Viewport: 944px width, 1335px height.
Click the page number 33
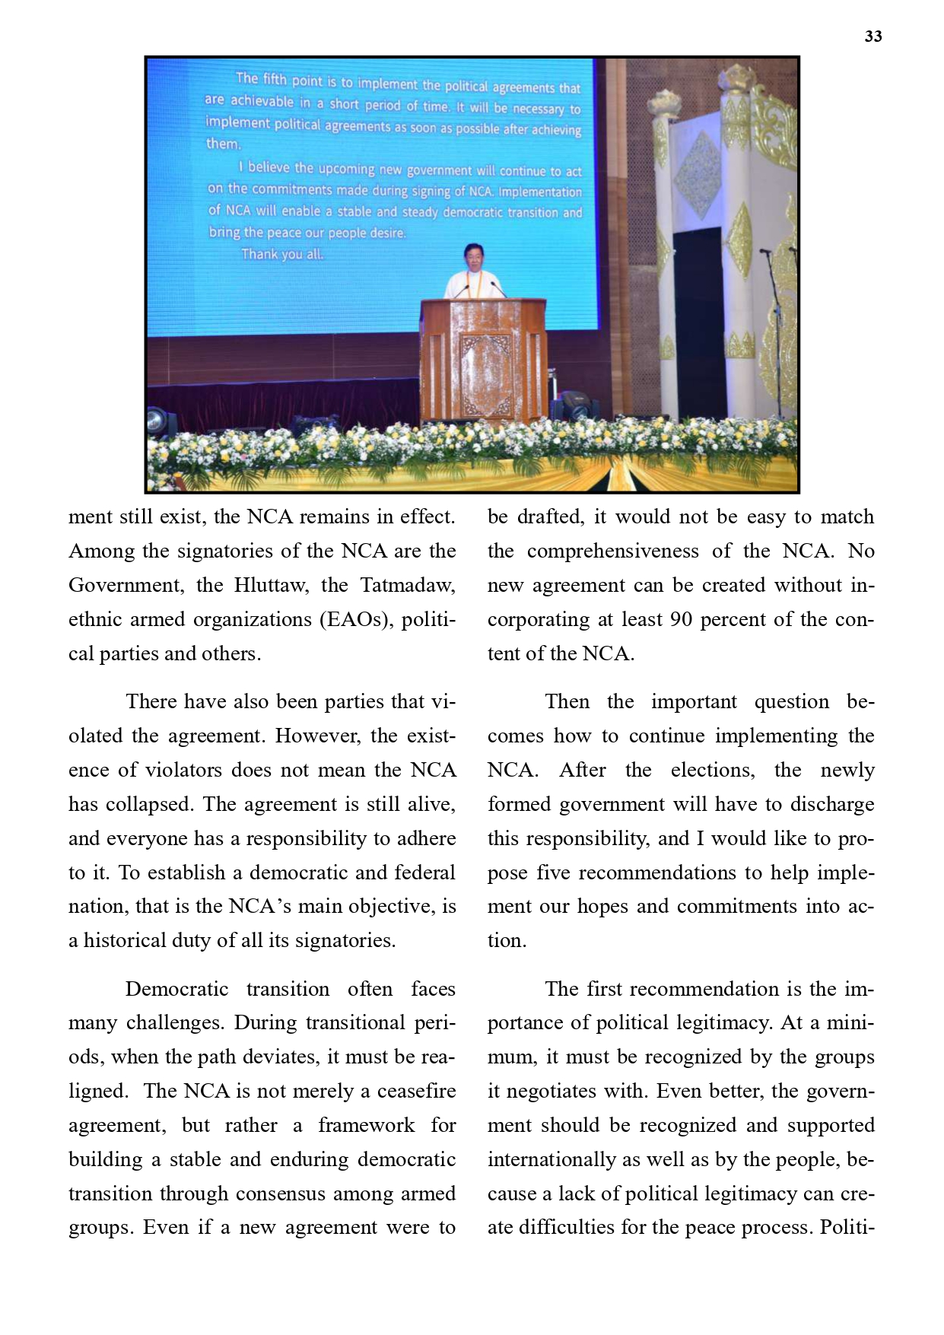click(x=872, y=37)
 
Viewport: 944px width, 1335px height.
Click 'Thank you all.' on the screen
click(x=282, y=254)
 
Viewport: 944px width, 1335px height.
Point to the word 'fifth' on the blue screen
click(x=275, y=78)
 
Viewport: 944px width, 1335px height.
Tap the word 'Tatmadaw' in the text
click(x=407, y=585)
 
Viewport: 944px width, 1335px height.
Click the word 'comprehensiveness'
click(x=612, y=551)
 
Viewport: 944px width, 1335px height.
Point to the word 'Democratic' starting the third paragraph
click(x=176, y=989)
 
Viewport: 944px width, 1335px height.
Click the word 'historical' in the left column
click(x=124, y=940)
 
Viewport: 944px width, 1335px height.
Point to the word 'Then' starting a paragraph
click(x=567, y=701)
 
